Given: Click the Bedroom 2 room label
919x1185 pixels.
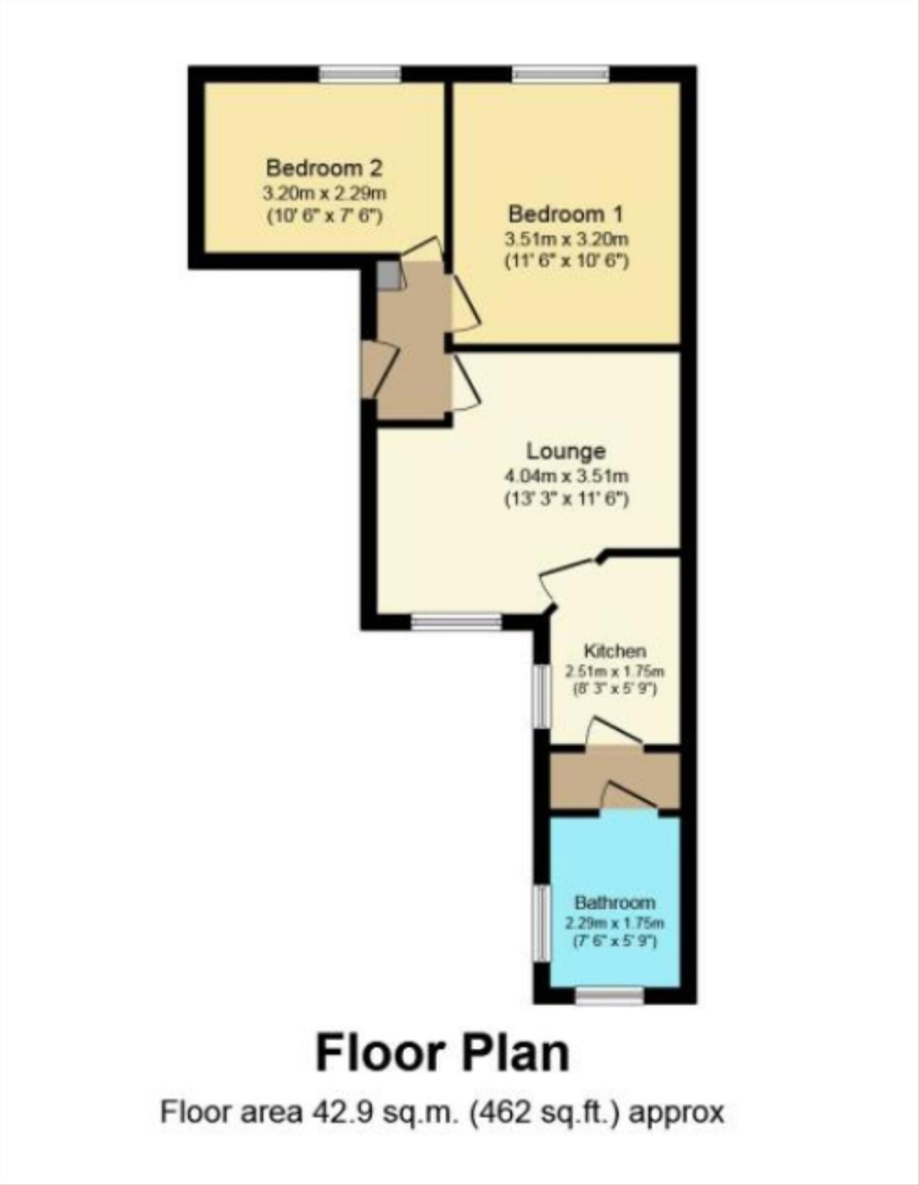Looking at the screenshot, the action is (x=324, y=168).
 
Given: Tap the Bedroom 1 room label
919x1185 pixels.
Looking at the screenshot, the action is (x=566, y=214).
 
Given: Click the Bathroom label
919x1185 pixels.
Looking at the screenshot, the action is (x=615, y=903).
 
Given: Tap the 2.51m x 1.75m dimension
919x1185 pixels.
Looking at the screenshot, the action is (x=615, y=671).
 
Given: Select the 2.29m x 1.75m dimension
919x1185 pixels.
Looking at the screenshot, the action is (x=615, y=922).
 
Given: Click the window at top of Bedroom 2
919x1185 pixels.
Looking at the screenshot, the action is (x=360, y=74).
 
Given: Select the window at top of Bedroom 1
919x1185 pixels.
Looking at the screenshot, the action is (x=561, y=74).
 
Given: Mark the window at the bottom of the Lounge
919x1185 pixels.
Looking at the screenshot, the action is (x=456, y=622).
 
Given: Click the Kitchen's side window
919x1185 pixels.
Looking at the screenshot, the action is (x=542, y=697).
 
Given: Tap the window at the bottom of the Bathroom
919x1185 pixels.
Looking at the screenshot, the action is (x=609, y=995).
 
